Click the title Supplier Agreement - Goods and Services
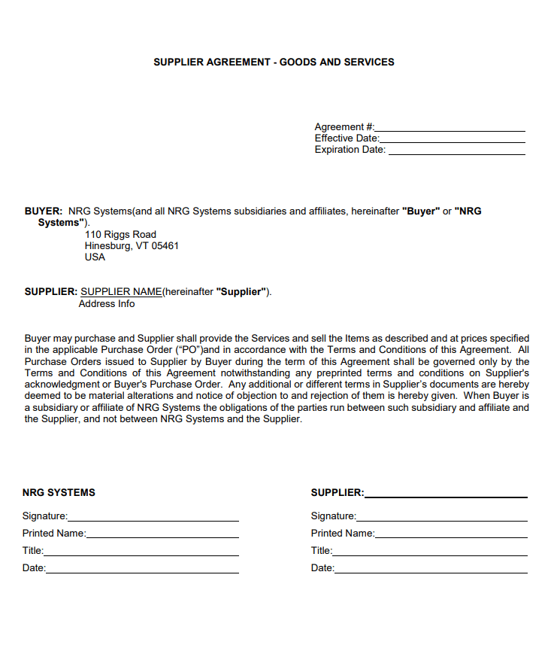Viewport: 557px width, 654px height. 274,62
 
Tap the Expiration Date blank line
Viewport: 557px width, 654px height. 456,153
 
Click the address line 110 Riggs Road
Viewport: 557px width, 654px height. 120,235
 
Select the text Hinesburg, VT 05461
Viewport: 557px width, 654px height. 132,246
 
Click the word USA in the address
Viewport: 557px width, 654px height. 95,257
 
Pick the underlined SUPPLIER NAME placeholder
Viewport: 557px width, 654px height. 121,292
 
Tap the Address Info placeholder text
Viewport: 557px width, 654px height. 107,304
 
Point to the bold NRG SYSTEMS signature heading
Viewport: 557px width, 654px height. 59,493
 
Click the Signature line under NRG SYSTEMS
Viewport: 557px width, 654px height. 153,519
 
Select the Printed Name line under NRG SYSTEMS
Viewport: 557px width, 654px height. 162,536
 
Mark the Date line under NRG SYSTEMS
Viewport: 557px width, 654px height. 142,570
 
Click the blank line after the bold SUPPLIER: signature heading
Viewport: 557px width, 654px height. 446,495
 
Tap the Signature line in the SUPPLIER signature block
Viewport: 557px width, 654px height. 442,519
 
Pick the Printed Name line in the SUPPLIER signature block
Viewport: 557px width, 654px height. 451,536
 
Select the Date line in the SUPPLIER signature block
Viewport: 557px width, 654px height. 431,570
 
